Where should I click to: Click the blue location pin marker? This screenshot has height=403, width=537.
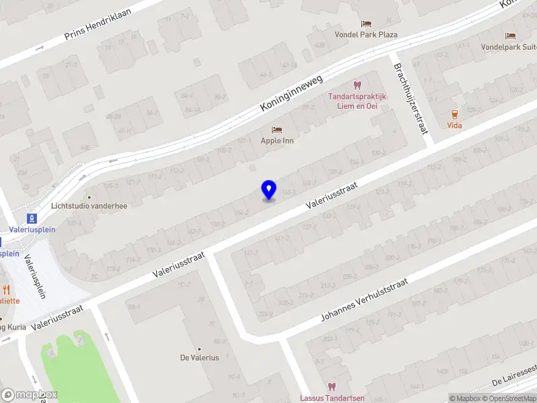point(268,189)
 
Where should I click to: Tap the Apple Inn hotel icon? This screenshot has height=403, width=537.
point(277,130)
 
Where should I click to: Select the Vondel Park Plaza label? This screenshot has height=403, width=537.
point(367,34)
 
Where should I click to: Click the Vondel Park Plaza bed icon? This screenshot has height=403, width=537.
point(366,24)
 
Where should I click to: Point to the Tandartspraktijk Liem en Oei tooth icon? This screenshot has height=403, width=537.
point(357,85)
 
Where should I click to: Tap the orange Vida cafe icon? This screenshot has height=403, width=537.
point(455,114)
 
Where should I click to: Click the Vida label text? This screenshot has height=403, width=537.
point(455,125)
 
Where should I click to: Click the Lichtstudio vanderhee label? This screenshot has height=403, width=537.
point(89,206)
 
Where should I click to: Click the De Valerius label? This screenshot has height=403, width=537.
point(199,358)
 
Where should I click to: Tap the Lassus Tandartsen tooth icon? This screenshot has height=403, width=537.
point(331,387)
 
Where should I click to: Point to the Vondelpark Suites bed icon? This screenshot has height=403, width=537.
point(511,36)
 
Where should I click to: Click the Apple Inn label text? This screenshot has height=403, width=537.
point(277,141)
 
